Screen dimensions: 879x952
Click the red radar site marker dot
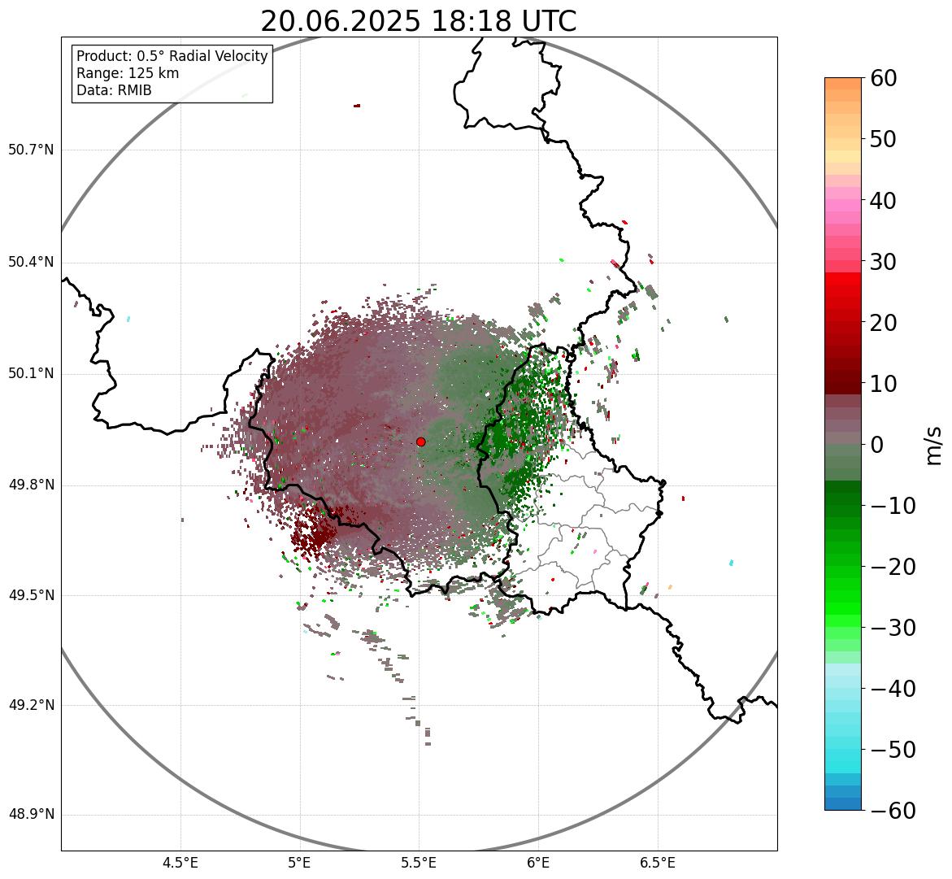click(420, 442)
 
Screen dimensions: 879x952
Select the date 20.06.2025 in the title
click(341, 21)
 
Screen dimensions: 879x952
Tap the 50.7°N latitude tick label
click(31, 150)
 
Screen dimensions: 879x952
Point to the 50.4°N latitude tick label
click(31, 263)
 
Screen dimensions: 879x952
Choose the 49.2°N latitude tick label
click(31, 705)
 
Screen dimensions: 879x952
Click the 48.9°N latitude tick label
click(31, 815)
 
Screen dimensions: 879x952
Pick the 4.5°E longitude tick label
click(180, 862)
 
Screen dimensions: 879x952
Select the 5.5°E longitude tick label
click(419, 862)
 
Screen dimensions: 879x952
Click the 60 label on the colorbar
click(883, 78)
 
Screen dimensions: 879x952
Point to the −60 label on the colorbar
click(889, 811)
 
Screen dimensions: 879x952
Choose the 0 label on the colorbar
click(876, 445)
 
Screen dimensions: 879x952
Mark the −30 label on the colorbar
click(889, 628)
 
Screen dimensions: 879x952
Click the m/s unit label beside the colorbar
click(933, 445)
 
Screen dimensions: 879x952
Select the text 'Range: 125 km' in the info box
click(128, 73)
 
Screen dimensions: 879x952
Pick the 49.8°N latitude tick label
click(31, 485)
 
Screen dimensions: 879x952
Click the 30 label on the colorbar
click(883, 262)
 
